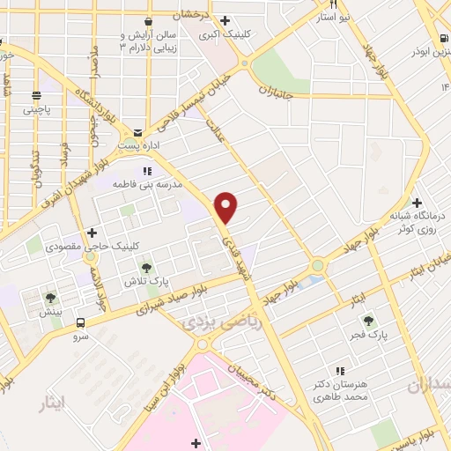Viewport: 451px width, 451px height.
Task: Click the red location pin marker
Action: click(226, 207)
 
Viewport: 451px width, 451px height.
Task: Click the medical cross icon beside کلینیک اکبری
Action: click(225, 20)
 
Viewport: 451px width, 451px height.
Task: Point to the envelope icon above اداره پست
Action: click(137, 130)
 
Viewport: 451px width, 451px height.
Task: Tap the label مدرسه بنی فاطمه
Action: click(146, 185)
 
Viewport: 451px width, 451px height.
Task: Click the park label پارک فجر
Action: click(376, 335)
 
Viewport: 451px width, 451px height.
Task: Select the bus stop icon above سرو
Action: click(80, 322)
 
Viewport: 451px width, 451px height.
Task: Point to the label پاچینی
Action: click(38, 110)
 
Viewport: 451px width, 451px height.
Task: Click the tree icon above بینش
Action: click(50, 298)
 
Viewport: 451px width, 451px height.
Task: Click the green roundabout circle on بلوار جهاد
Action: click(316, 265)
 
